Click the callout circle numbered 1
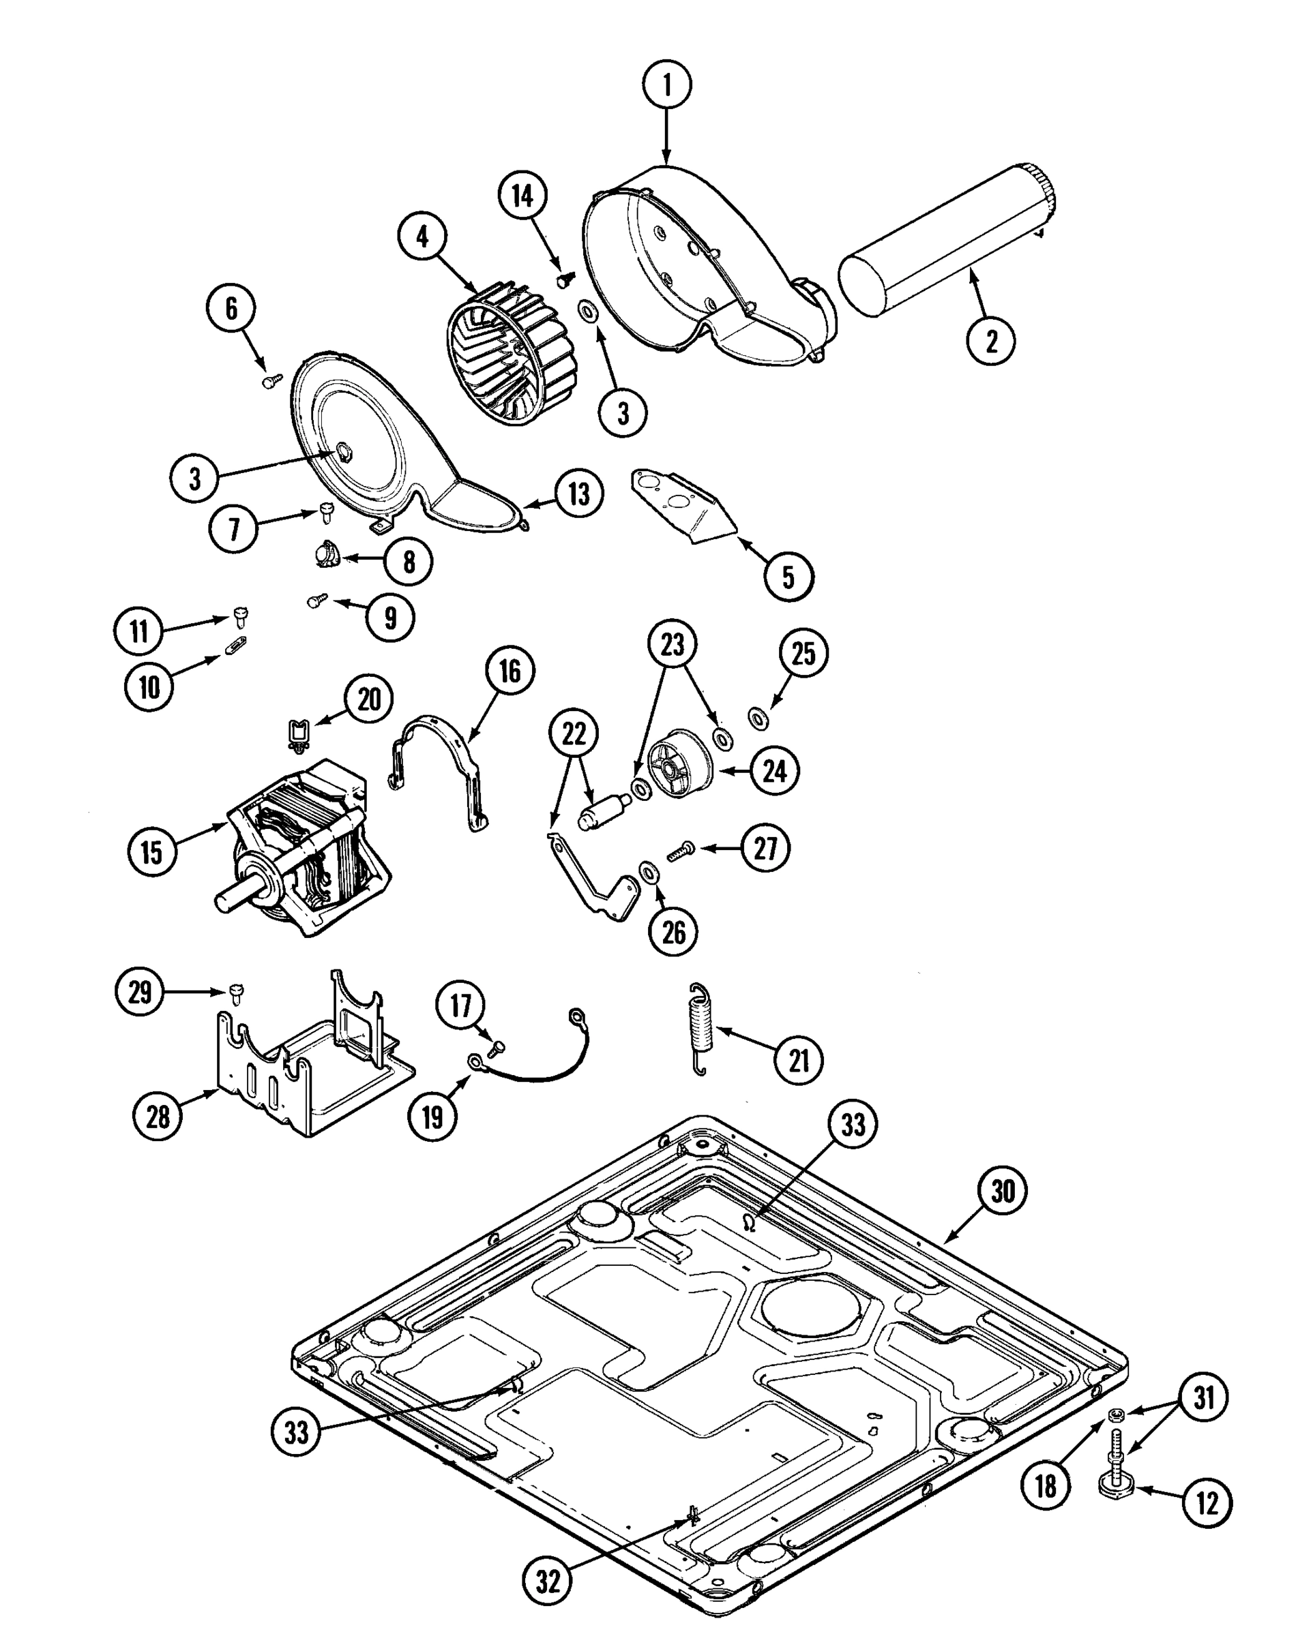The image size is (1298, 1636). [666, 85]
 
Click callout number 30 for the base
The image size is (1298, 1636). [1002, 1192]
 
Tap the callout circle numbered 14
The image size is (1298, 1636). [522, 196]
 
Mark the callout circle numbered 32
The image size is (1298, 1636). [547, 1581]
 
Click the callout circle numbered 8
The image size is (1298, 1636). [409, 562]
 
